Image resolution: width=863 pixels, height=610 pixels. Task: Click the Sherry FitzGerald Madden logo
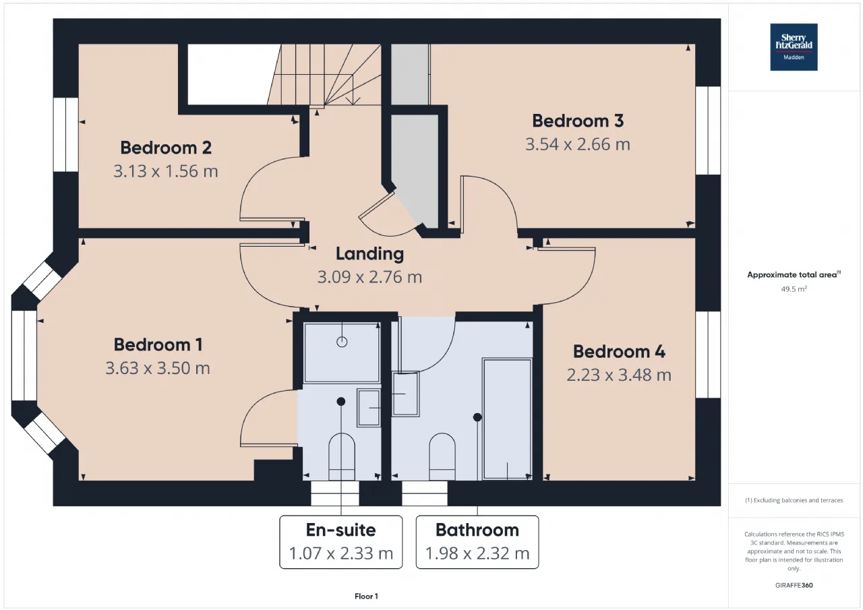tap(794, 47)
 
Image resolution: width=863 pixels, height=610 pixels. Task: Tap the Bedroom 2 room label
tap(166, 148)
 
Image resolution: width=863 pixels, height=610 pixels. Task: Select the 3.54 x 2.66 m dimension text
tap(578, 144)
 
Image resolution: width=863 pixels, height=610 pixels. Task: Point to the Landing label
tap(370, 254)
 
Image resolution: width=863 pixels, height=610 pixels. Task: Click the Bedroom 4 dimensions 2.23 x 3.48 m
tap(619, 375)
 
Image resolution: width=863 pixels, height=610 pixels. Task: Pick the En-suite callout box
tap(341, 542)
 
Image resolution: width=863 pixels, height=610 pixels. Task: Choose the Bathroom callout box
tap(477, 542)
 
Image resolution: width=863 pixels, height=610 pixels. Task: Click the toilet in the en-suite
tap(342, 457)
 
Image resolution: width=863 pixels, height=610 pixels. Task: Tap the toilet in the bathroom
tap(442, 457)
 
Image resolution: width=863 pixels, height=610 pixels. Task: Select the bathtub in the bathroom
tap(508, 419)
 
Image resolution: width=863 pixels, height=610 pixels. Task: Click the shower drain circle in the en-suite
tap(342, 342)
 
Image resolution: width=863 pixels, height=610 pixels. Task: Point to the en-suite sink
tap(369, 408)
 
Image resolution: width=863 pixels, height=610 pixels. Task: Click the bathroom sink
tap(406, 394)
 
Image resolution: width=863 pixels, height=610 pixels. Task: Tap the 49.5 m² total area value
tap(794, 289)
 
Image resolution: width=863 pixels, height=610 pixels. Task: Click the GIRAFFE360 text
tap(794, 585)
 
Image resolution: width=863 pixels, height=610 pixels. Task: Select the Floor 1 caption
tap(366, 597)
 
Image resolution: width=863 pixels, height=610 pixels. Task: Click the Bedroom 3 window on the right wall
tap(708, 131)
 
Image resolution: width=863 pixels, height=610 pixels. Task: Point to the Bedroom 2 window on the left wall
tap(66, 134)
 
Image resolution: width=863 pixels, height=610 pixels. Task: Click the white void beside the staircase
tap(233, 74)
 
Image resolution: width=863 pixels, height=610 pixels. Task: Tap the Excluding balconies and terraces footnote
tap(794, 500)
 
